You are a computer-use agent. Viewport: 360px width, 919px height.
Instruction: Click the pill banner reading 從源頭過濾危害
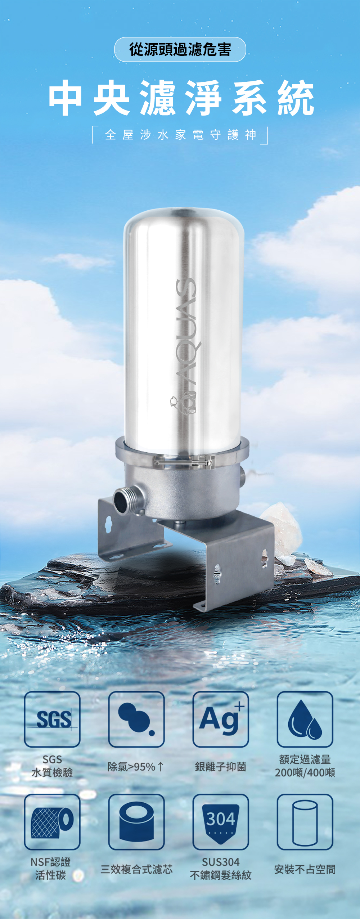point(180,49)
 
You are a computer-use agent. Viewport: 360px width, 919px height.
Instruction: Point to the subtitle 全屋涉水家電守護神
point(180,135)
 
